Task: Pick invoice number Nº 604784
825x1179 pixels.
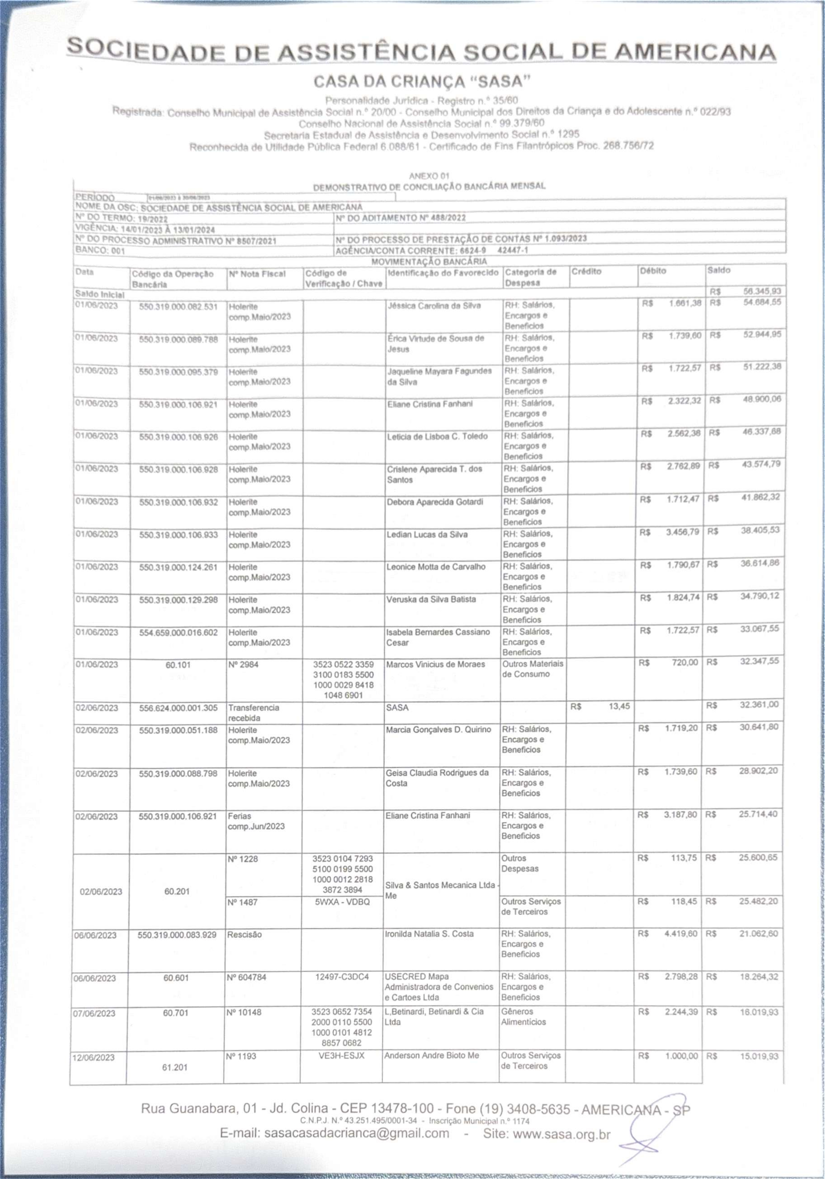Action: [246, 977]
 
